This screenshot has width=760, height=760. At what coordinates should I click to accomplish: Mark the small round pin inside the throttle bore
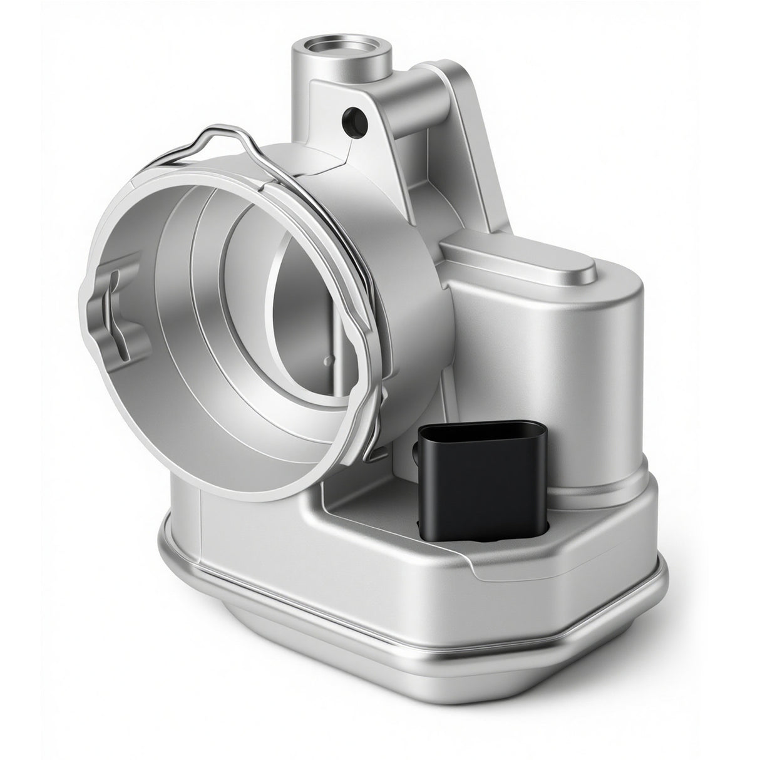coord(326,360)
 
